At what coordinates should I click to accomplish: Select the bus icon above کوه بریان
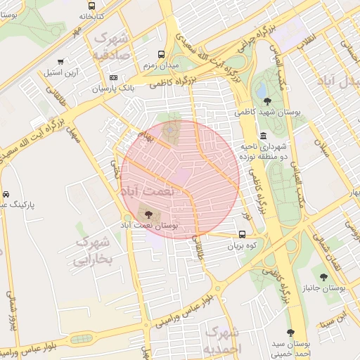(242, 235)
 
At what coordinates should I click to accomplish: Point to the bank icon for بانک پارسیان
(113, 77)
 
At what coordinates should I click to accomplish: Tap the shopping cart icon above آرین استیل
(62, 61)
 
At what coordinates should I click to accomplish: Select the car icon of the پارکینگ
(6, 193)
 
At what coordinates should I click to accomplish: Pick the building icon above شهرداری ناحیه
(263, 136)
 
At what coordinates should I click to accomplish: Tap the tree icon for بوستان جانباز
(323, 277)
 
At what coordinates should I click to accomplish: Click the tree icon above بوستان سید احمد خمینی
(291, 332)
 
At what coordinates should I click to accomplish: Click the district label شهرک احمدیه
(222, 338)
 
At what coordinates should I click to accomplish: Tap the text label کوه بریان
(242, 247)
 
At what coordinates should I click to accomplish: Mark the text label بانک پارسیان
(112, 89)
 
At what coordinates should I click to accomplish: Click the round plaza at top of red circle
(170, 130)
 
